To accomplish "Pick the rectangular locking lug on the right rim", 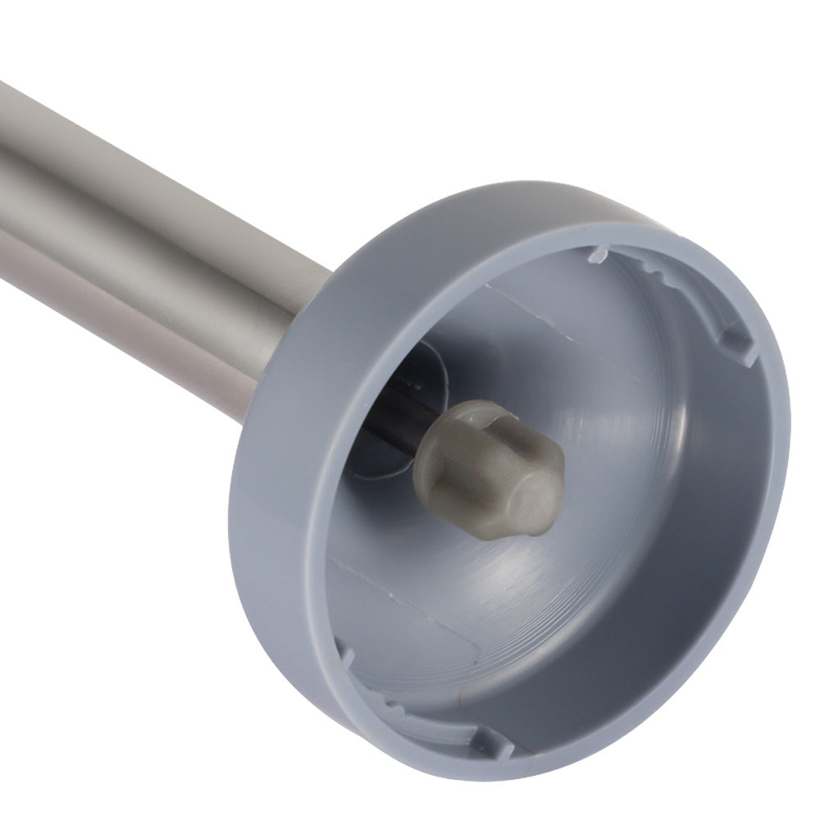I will click(x=736, y=345).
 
